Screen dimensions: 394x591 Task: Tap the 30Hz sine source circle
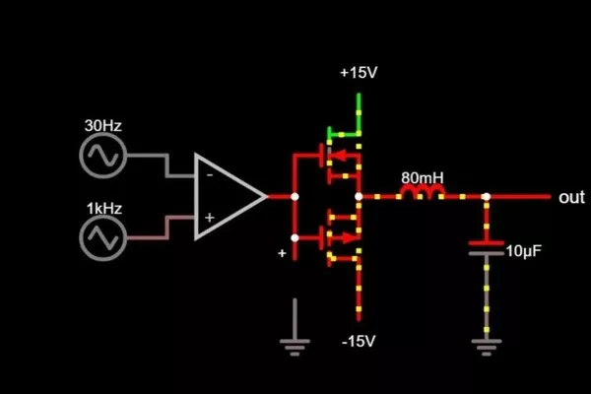[x=102, y=156]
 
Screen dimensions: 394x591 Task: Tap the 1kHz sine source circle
[x=101, y=237]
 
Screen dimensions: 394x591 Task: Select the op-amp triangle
[x=225, y=197]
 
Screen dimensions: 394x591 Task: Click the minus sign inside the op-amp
[x=209, y=175]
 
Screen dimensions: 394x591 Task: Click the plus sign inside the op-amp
[x=209, y=217]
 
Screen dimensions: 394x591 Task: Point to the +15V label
[x=357, y=74]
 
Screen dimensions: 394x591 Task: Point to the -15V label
[x=357, y=342]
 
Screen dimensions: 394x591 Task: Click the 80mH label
[x=422, y=178]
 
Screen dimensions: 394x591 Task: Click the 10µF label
[x=522, y=251]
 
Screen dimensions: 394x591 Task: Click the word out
[x=571, y=198]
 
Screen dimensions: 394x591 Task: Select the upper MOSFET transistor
[x=335, y=156]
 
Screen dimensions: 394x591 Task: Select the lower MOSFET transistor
[x=335, y=236]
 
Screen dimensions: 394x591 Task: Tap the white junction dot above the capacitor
[x=486, y=197]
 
